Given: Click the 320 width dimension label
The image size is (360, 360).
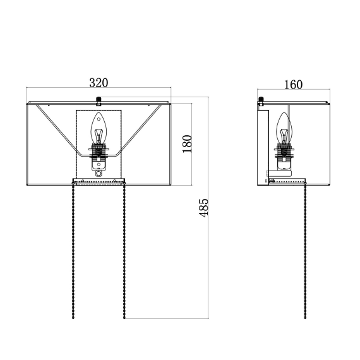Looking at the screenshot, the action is tap(99, 83).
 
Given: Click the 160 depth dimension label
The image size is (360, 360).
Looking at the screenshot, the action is tap(293, 85).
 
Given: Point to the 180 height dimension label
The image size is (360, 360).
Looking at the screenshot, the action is tap(187, 144).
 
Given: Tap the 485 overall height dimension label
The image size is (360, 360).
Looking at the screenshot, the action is tap(203, 208).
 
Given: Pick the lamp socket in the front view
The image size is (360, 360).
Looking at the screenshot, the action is tap(99, 157).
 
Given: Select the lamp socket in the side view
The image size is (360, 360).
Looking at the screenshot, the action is tap(284, 157).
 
